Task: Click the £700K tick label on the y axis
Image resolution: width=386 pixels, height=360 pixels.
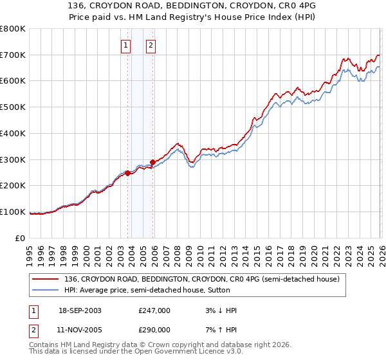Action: (x=13, y=55)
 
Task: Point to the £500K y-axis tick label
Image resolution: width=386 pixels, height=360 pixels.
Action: (x=13, y=107)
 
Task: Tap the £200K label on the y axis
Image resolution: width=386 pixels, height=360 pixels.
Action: (x=13, y=186)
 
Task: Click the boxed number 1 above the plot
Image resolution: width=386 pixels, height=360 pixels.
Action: (x=125, y=46)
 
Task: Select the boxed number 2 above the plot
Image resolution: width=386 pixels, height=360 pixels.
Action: (x=151, y=46)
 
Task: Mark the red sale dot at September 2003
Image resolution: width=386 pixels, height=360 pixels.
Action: (x=128, y=173)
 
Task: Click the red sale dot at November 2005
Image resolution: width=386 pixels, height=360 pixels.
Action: (x=152, y=162)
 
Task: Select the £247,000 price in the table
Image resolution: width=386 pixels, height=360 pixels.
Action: (x=154, y=310)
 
